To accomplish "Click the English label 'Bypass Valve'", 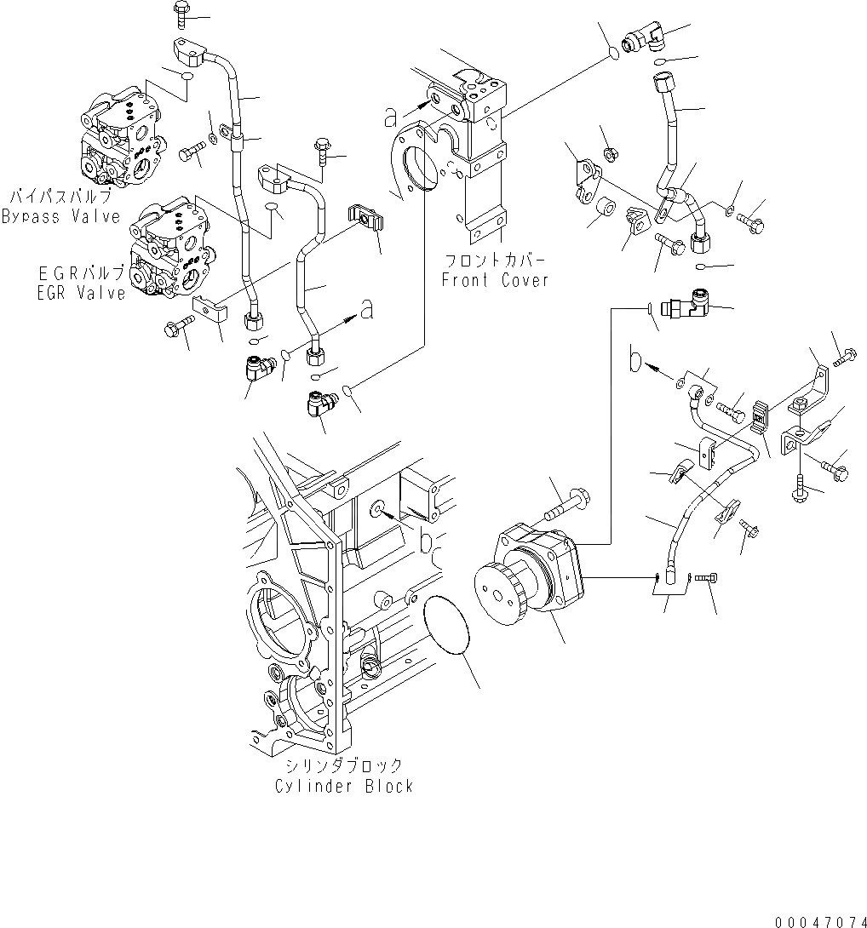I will tap(60, 216).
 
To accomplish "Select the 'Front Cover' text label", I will tap(495, 280).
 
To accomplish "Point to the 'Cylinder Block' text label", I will tap(343, 786).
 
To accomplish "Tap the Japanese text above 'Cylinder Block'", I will tap(344, 765).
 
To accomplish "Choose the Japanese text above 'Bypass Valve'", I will tap(61, 198).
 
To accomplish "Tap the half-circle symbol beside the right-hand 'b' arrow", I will tap(634, 360).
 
